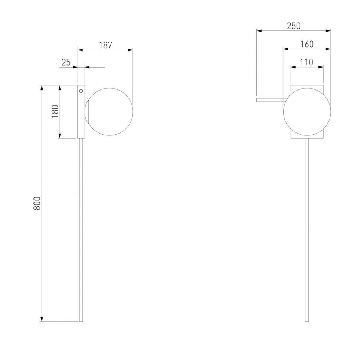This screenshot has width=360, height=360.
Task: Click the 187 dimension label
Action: (x=106, y=45)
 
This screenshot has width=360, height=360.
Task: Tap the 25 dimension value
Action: (x=66, y=62)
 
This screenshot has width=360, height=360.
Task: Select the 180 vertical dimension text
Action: (x=55, y=111)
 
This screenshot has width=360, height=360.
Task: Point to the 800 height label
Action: (x=37, y=203)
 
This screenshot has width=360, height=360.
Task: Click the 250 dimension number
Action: (x=294, y=26)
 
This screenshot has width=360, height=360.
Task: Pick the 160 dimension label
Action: (x=307, y=44)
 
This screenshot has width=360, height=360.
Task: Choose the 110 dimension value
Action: (x=307, y=62)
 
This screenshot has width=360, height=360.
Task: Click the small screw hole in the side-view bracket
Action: (x=81, y=91)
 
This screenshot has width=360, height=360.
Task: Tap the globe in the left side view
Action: (x=109, y=112)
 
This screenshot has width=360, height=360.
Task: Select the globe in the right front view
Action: (x=307, y=112)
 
